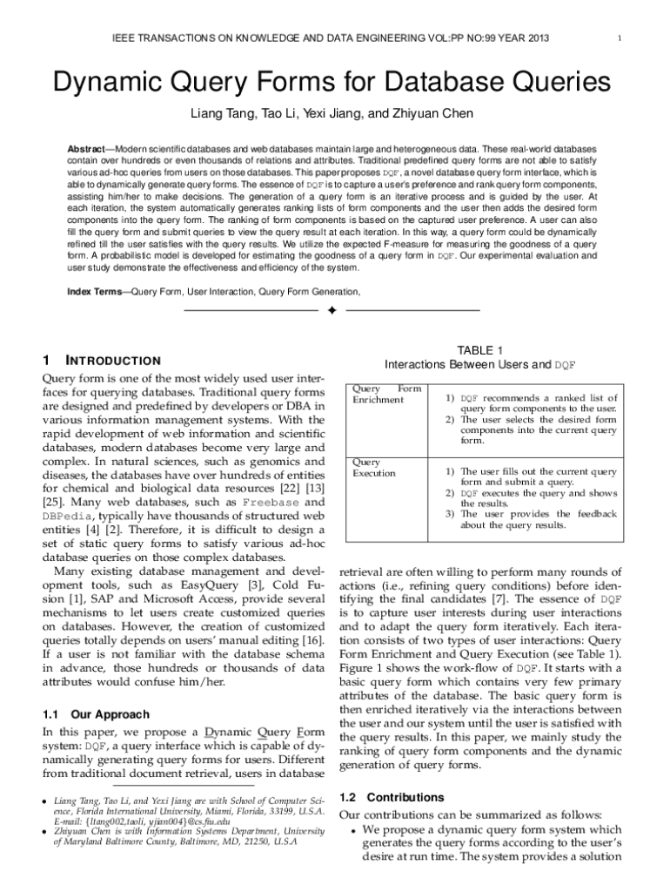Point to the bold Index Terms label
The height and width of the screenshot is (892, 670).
(x=96, y=292)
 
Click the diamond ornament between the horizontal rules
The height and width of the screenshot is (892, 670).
(x=332, y=311)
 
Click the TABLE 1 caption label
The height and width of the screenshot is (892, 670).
(x=480, y=350)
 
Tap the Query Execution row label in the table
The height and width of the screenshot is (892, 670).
(x=373, y=468)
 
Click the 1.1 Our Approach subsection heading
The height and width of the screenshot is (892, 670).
(x=96, y=714)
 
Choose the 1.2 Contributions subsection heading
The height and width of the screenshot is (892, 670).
(x=392, y=797)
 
